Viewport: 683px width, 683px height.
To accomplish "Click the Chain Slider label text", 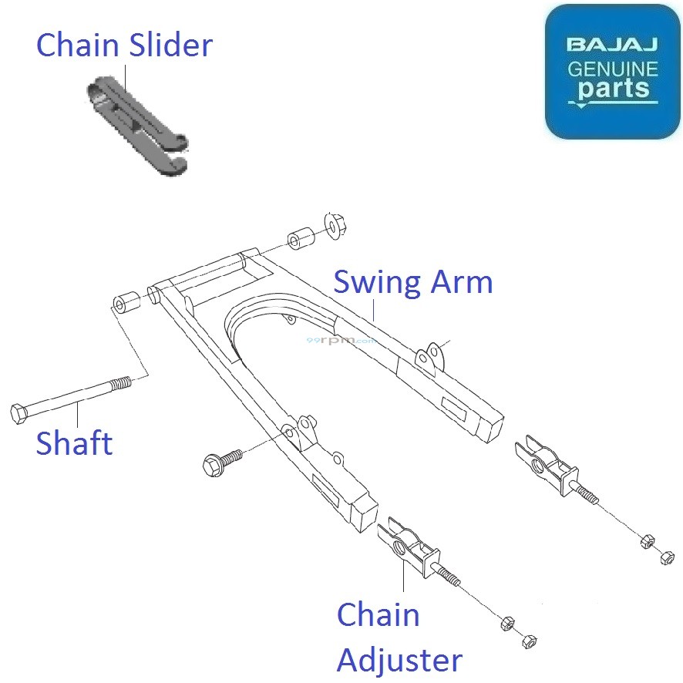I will point(124,45).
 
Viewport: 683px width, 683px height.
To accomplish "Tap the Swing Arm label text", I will point(412,282).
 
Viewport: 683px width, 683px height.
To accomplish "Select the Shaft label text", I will point(74,443).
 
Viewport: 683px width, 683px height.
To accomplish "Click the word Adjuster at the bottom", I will point(399,660).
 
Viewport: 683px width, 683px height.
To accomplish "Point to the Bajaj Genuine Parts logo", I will point(613,71).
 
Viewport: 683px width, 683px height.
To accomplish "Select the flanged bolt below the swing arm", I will point(216,463).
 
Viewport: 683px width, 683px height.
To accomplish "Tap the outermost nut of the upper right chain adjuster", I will point(667,557).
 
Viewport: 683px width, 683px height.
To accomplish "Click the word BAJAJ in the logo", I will point(613,44).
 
